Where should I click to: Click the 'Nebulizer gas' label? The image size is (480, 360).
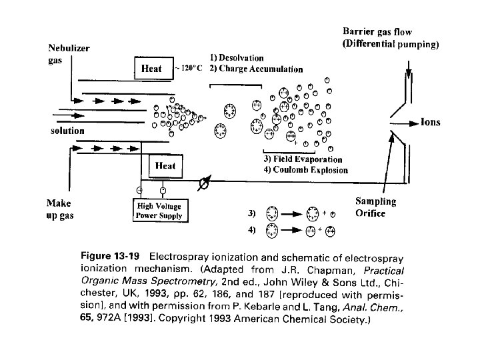pyautogui.click(x=69, y=54)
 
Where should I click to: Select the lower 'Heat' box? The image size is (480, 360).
pyautogui.click(x=165, y=165)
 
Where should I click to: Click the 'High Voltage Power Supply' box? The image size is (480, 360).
pyautogui.click(x=159, y=211)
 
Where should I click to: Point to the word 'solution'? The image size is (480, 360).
pyautogui.click(x=68, y=131)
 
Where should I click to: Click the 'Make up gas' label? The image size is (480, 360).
pyautogui.click(x=60, y=209)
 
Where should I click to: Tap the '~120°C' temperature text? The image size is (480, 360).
pyautogui.click(x=189, y=69)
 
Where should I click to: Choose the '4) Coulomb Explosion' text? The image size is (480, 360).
pyautogui.click(x=305, y=170)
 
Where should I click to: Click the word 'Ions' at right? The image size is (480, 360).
pyautogui.click(x=430, y=123)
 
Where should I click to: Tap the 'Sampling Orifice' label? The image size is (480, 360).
pyautogui.click(x=375, y=207)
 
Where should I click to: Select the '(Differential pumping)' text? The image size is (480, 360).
pyautogui.click(x=391, y=45)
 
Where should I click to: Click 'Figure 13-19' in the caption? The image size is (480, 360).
pyautogui.click(x=114, y=255)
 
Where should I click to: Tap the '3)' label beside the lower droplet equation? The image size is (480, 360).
pyautogui.click(x=251, y=213)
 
